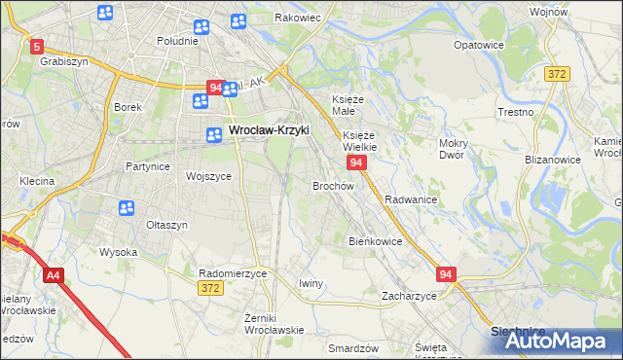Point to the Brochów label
332,185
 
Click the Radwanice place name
411,198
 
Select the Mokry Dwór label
454,149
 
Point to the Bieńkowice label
376,240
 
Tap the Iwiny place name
311,283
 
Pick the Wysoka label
118,252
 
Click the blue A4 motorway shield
53,276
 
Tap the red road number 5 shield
37,46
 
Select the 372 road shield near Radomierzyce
208,288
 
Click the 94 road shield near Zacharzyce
446,275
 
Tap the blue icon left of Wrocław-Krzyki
212,135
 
